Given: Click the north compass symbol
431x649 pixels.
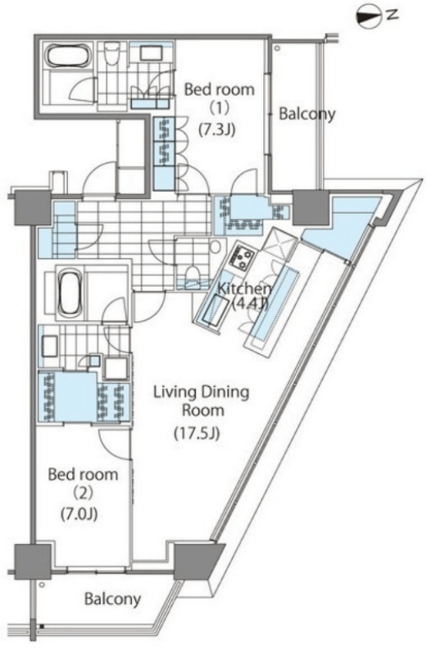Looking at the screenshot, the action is click(x=368, y=17).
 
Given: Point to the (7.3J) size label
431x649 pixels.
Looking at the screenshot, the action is click(x=216, y=130).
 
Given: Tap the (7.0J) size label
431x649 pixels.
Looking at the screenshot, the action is click(x=79, y=514).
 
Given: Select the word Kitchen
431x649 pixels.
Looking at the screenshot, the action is click(x=245, y=289).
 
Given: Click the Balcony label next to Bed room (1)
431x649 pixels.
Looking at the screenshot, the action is click(x=306, y=114).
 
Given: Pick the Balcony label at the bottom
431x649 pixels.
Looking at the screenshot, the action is click(x=112, y=598).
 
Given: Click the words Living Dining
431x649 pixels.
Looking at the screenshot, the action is click(x=202, y=392).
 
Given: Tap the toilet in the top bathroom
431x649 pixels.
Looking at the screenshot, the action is click(x=111, y=55).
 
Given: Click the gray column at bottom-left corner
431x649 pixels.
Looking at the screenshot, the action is click(x=33, y=561).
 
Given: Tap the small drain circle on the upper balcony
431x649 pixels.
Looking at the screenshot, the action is click(x=277, y=48).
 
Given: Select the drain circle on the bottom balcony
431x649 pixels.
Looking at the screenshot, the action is click(x=42, y=585).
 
